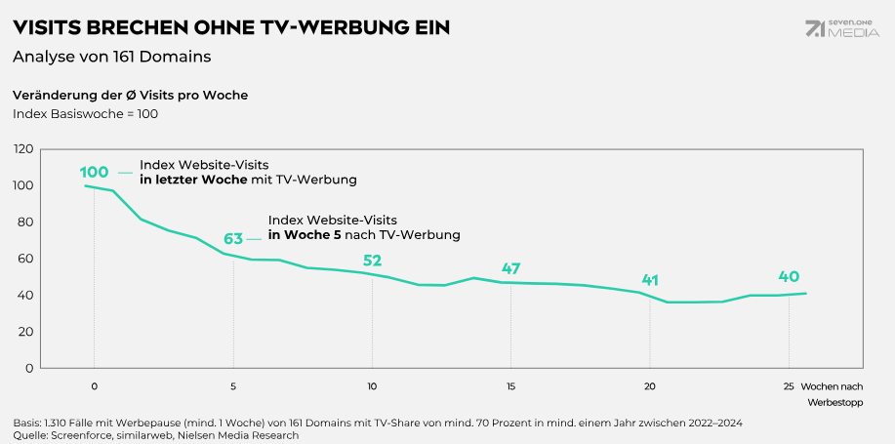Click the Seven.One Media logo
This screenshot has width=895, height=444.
pos(842,29)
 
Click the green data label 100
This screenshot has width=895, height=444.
pos(94,173)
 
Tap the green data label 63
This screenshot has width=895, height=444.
pos(233,239)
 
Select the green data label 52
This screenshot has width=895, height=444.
pos(372,261)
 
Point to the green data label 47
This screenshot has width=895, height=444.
pos(511,268)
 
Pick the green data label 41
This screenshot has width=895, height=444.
pos(650,280)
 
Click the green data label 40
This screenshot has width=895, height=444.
pos(789,276)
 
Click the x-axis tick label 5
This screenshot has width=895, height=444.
pos(233,385)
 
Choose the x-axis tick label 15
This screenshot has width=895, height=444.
pos(510,385)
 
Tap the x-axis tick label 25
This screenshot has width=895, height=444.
pos(789,385)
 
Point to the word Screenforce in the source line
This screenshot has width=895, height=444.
pos(81,435)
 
